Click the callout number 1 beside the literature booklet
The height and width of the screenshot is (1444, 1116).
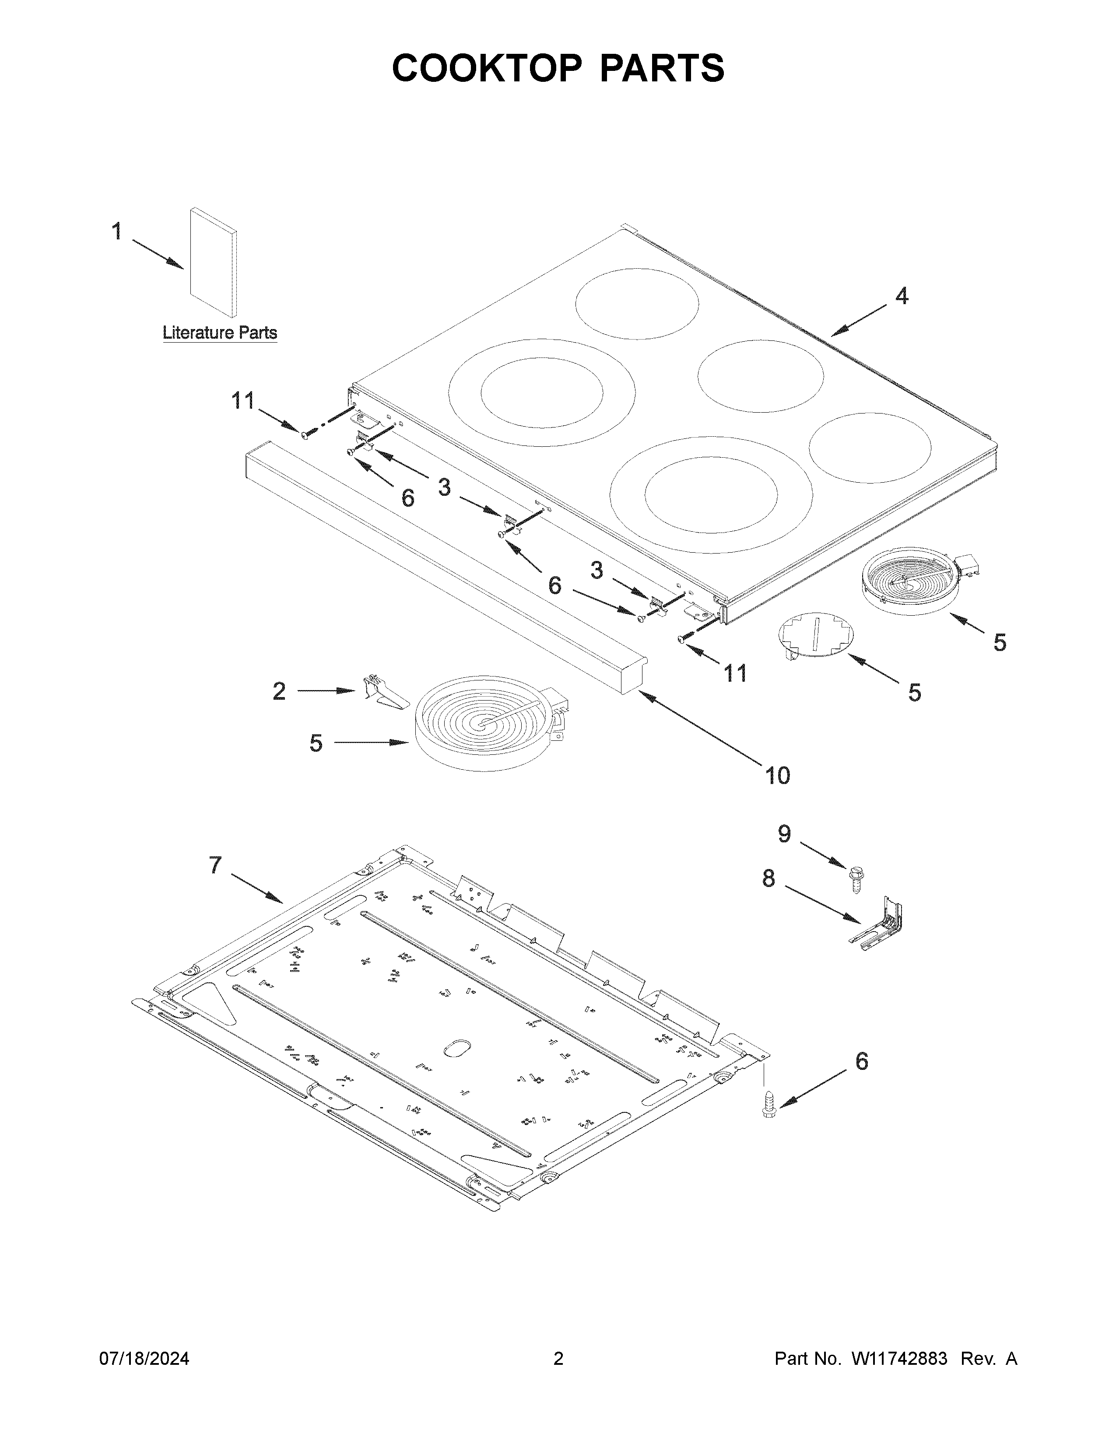click(x=116, y=231)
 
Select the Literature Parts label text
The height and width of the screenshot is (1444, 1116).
click(x=220, y=333)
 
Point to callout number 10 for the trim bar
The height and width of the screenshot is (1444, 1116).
click(x=778, y=775)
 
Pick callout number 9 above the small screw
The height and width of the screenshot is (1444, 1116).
click(x=784, y=834)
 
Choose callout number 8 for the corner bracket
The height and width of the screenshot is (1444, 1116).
click(x=768, y=878)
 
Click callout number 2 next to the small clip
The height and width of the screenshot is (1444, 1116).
click(x=279, y=691)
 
